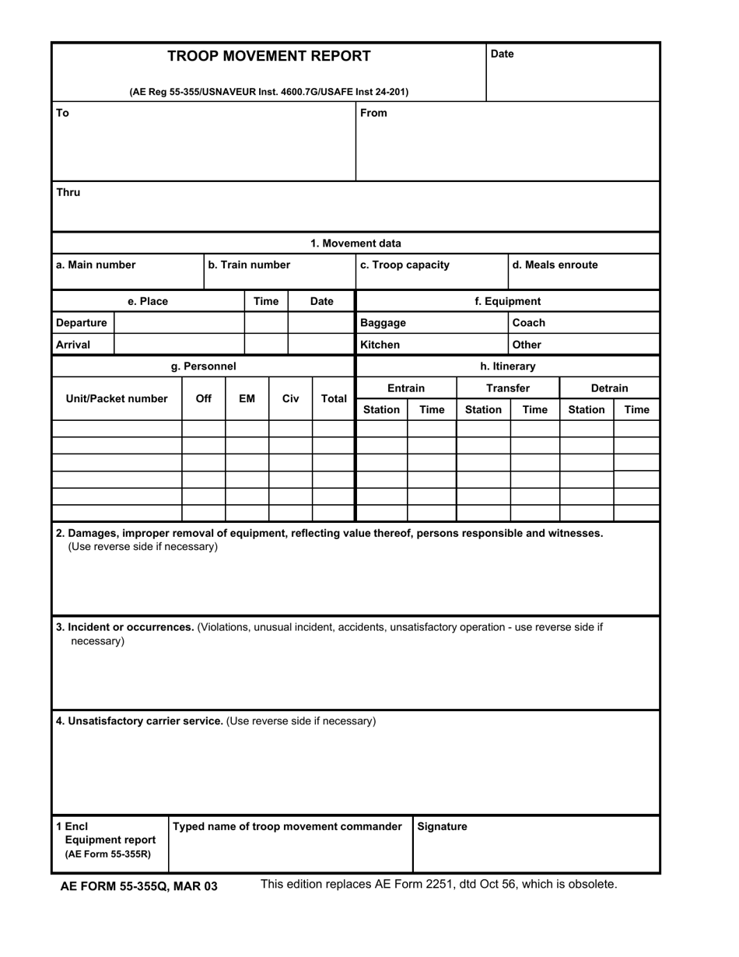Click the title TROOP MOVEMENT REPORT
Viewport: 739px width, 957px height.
click(269, 56)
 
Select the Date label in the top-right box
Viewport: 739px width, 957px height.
click(502, 54)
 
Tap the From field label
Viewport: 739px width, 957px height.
click(373, 113)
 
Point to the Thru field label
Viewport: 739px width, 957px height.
click(68, 192)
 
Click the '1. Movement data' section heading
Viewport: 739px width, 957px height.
click(355, 244)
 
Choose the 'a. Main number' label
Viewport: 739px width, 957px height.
click(95, 265)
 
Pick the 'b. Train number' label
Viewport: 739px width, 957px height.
click(249, 265)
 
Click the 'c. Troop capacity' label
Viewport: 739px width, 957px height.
click(405, 265)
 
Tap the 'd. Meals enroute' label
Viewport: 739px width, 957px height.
click(555, 265)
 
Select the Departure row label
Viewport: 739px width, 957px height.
click(82, 323)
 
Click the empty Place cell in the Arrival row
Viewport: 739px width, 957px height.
click(179, 345)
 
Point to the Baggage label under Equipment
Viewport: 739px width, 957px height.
click(383, 323)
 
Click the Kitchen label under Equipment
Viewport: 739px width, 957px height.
click(380, 345)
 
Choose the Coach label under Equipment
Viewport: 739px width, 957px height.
click(528, 323)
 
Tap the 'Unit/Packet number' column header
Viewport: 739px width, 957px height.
click(117, 399)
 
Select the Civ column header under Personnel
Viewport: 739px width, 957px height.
click(290, 399)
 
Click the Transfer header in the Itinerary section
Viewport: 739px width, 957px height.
click(507, 388)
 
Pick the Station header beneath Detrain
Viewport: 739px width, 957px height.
click(586, 409)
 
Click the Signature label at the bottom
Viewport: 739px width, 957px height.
click(442, 826)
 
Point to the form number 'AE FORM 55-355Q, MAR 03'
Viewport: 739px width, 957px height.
click(138, 886)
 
